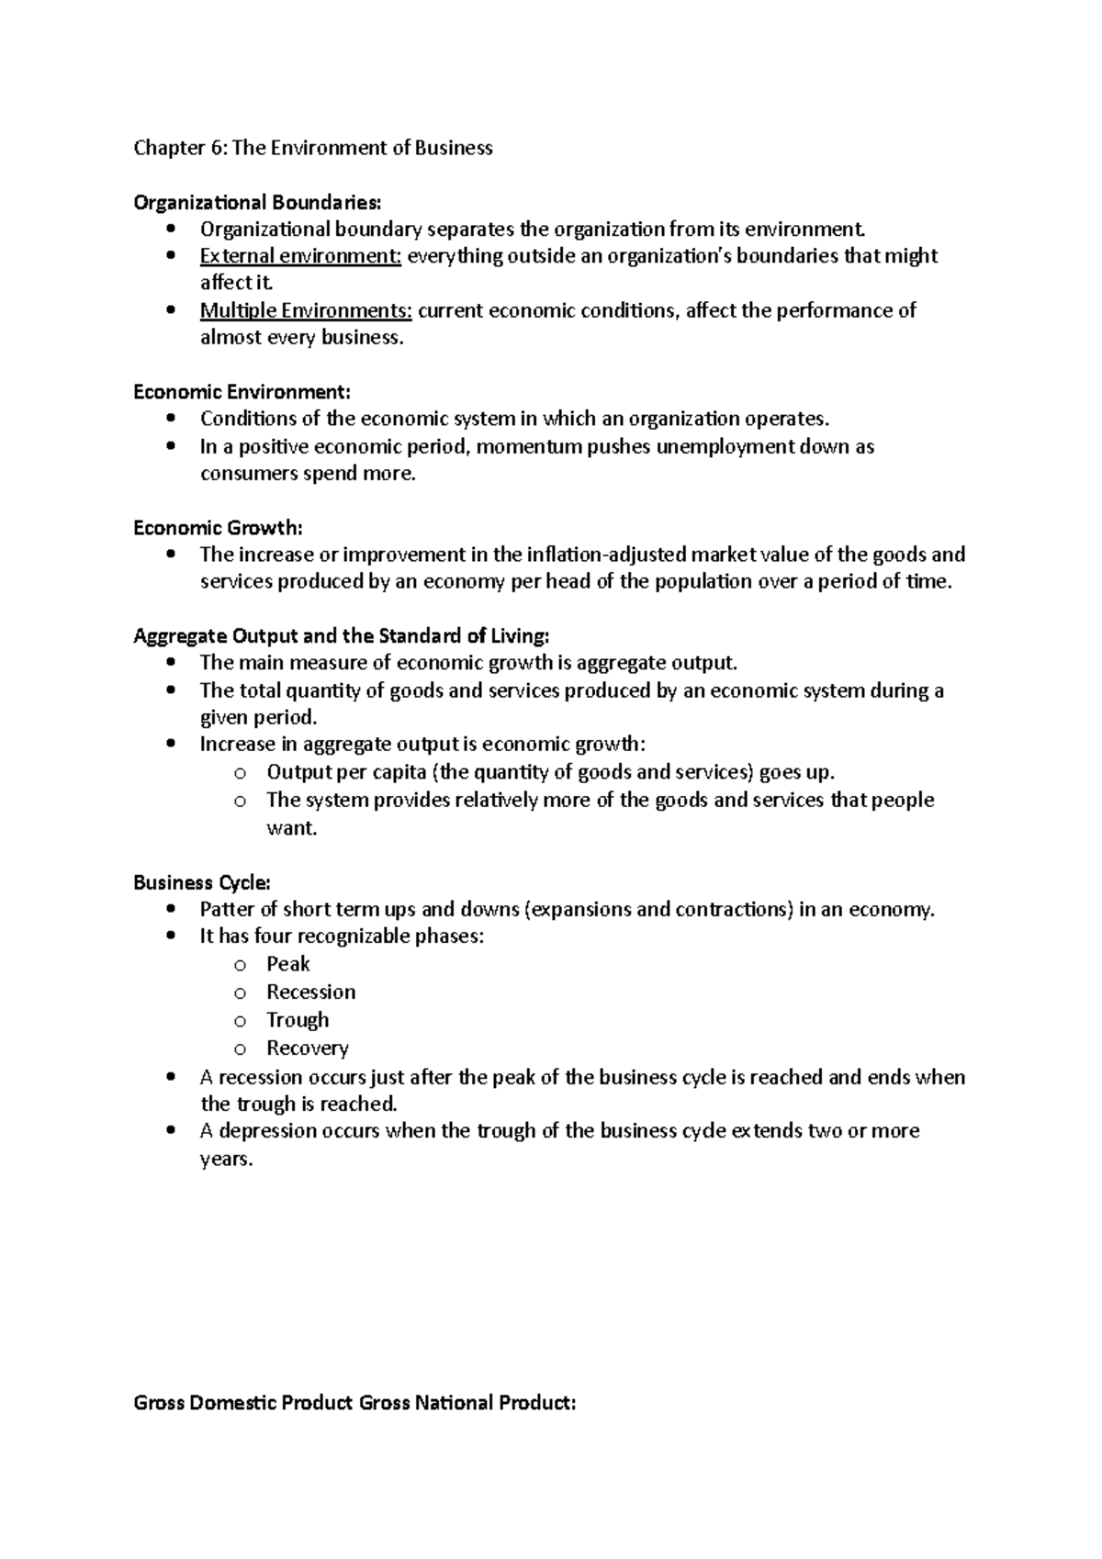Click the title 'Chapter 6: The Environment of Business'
coord(313,148)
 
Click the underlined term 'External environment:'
coord(300,256)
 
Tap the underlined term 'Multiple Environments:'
coord(307,310)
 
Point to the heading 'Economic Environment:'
coord(242,392)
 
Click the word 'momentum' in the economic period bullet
coord(528,447)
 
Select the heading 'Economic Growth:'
coord(218,528)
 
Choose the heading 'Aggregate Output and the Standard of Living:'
coord(342,636)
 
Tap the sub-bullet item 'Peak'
coord(288,964)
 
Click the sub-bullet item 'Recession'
coord(310,993)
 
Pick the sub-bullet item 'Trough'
coord(298,1020)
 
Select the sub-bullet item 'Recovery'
coord(308,1049)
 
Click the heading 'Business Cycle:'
coord(202,883)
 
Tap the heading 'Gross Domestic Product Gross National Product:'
coord(354,1403)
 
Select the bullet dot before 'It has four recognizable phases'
coord(172,937)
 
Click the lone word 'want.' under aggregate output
coord(291,828)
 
